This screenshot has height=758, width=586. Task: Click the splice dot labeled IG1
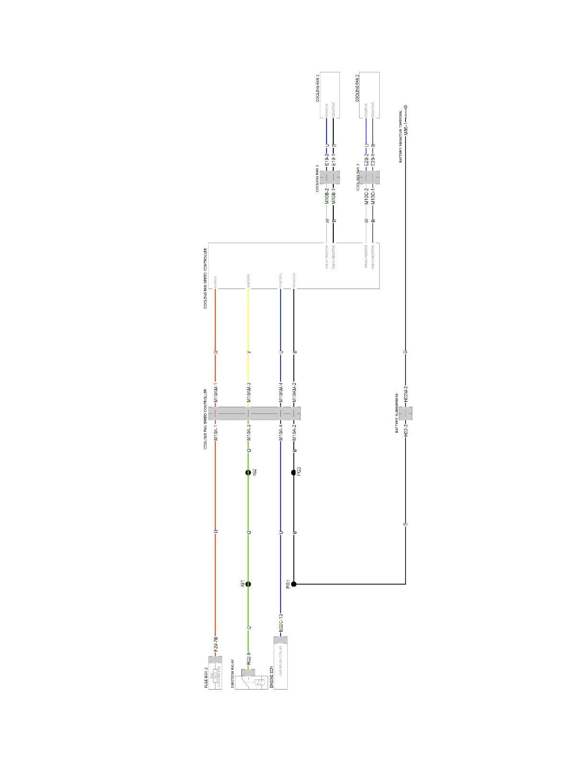point(248,584)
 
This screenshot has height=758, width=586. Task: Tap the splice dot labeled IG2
point(248,472)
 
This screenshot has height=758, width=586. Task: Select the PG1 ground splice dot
point(294,584)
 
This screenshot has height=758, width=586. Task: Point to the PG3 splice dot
point(294,472)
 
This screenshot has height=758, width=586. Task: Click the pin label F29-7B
point(216,644)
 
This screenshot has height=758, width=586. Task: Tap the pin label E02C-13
point(281,623)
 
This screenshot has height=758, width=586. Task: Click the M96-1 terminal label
point(406,128)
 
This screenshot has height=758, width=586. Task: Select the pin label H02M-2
point(406,394)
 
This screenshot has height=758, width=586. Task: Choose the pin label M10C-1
point(373,195)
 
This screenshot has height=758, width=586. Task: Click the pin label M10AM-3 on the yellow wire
point(248,392)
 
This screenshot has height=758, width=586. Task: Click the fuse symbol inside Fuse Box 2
point(215,676)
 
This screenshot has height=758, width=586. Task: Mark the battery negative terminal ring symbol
point(406,107)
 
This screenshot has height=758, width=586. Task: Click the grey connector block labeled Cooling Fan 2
point(370,178)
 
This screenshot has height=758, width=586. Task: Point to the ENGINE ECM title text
point(271,677)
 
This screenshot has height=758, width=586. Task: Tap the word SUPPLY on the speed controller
point(215,281)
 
